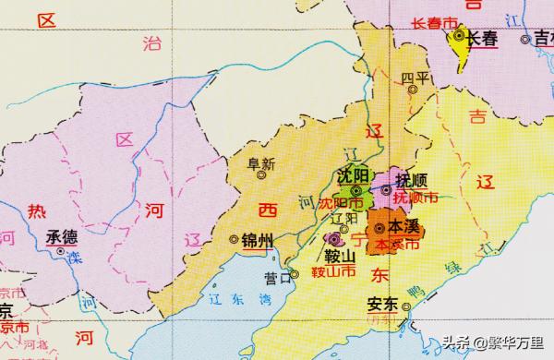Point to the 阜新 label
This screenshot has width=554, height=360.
(x=262, y=164)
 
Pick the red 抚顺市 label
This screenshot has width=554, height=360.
(x=415, y=197)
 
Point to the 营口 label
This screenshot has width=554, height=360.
(x=275, y=276)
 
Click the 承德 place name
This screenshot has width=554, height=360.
(x=62, y=235)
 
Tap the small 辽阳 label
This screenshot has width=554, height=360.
(x=343, y=218)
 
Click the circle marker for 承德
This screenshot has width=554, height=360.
(x=61, y=250)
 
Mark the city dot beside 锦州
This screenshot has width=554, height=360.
(x=233, y=240)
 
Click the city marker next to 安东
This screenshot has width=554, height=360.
(x=405, y=306)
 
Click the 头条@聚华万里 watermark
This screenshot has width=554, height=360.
(x=494, y=343)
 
